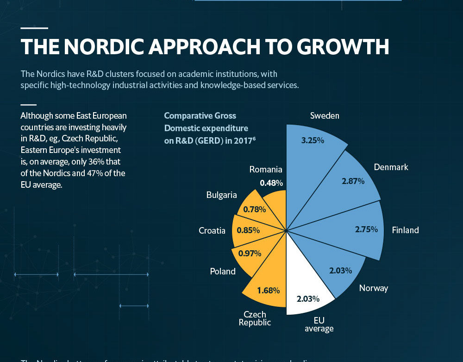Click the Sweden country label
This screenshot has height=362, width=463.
tap(325, 115)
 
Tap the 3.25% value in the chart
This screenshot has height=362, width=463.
tap(313, 140)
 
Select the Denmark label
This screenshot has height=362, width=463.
tap(391, 167)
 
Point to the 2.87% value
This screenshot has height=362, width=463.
tap(353, 181)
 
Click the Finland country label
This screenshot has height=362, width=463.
tap(405, 230)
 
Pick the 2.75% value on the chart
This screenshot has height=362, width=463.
tap(367, 229)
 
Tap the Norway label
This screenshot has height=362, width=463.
tap(374, 288)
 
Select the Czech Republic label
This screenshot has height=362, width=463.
tap(255, 318)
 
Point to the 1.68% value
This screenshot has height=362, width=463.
tap(269, 291)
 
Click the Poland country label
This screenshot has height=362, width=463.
tap(223, 271)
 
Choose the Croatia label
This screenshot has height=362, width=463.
tap(212, 230)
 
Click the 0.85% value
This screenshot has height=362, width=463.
tap(248, 230)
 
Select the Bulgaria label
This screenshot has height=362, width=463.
tap(222, 195)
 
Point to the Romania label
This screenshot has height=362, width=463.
tap(266, 170)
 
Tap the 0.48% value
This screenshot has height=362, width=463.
tap(271, 183)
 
